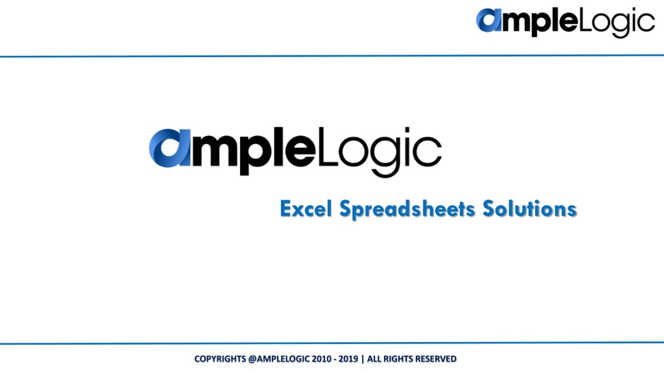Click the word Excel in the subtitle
[x=306, y=209]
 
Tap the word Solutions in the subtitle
[x=529, y=209]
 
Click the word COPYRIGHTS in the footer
[x=220, y=359]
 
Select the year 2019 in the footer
[x=348, y=359]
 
